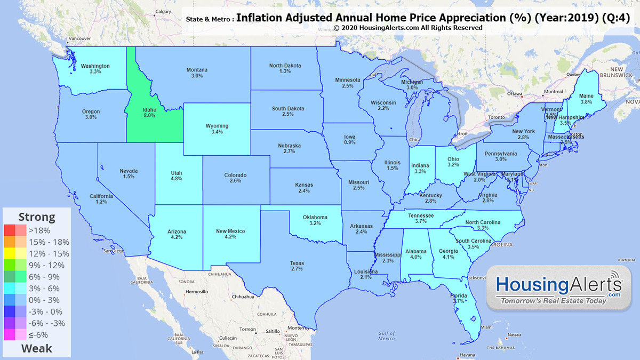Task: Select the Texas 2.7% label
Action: point(297,266)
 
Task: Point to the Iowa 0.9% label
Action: point(350,140)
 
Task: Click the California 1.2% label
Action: point(101,199)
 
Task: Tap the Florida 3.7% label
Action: point(459,299)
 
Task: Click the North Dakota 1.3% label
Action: point(285,68)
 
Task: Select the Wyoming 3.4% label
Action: point(217,129)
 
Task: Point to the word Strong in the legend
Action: point(37,217)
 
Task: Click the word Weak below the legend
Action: point(37,348)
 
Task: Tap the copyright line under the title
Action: point(408,28)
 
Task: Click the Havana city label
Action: point(467,355)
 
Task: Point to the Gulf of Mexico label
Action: point(387,335)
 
